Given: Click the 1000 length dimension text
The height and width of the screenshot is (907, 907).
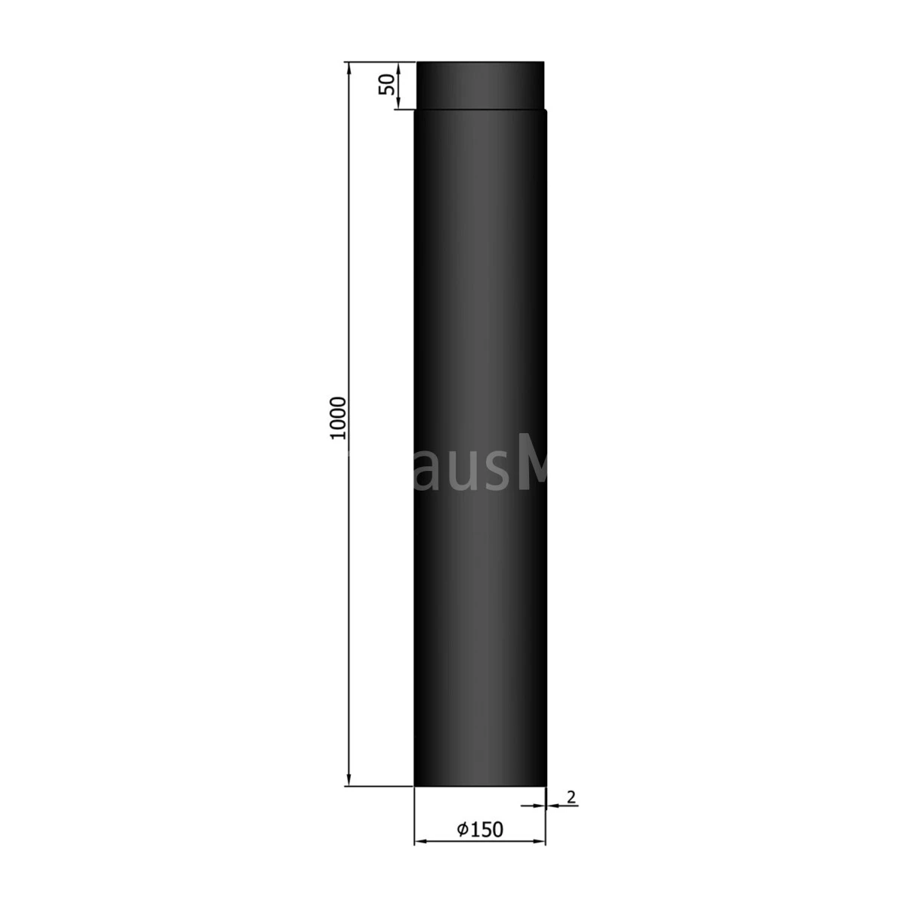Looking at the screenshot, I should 337,418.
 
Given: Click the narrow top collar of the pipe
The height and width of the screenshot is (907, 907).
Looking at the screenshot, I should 480,85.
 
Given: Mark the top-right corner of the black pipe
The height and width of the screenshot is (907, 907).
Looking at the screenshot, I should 542,63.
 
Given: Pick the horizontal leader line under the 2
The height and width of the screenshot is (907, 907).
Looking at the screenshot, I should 563,806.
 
